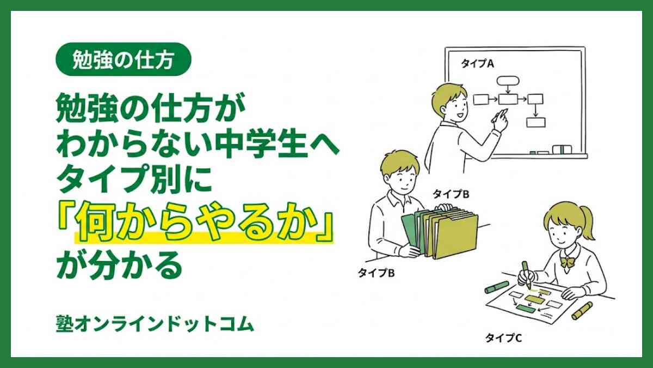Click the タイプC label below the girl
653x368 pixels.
[x=503, y=339]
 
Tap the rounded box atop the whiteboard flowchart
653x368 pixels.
[x=507, y=80]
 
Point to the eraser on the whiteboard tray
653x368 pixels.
[x=562, y=148]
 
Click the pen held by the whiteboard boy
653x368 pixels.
[x=499, y=115]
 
